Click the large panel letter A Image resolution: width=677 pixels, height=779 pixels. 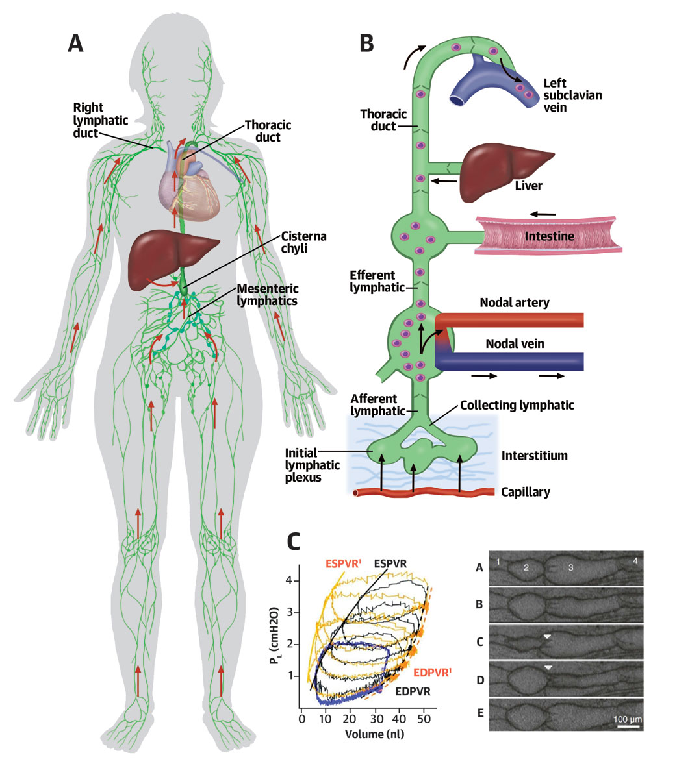tap(75, 43)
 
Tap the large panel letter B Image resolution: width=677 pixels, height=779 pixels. tap(366, 43)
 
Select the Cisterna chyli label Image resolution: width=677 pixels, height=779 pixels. tap(303, 242)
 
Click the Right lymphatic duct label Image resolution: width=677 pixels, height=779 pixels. tap(100, 120)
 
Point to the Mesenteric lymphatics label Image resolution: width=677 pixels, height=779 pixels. tap(268, 295)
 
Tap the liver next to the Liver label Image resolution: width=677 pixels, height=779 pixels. tap(503, 173)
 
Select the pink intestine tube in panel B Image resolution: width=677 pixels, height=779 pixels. tap(548, 236)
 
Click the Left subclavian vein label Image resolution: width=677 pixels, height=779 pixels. tap(572, 95)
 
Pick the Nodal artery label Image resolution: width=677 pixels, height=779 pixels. tap(515, 303)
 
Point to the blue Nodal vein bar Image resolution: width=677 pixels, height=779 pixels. tap(510, 362)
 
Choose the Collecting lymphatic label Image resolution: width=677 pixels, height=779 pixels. tap(517, 406)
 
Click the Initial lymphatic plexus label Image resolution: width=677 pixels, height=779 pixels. tap(312, 465)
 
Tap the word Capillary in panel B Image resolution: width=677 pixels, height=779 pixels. tap(526, 492)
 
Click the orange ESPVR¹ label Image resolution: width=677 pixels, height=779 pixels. tap(343, 563)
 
